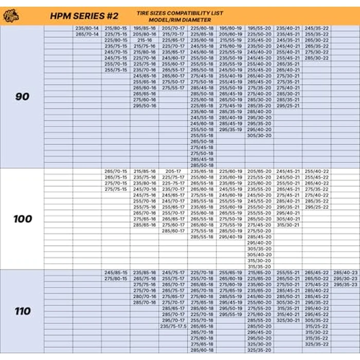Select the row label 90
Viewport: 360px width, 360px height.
click(x=22, y=97)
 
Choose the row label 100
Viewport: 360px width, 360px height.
click(x=22, y=219)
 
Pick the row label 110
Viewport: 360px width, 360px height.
click(x=22, y=311)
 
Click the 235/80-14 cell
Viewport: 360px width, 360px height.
click(x=86, y=28)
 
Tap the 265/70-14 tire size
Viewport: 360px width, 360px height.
click(x=86, y=34)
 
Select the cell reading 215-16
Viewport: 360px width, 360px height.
click(x=145, y=40)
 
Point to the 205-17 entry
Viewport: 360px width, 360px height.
click(x=173, y=171)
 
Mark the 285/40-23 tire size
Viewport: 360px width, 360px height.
click(x=346, y=273)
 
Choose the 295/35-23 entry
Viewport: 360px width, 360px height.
click(x=346, y=284)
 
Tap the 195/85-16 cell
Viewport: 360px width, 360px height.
click(x=145, y=28)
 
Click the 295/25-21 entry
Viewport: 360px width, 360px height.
click(x=288, y=105)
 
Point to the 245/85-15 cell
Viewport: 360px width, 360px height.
click(x=116, y=273)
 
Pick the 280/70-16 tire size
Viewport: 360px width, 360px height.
click(x=145, y=296)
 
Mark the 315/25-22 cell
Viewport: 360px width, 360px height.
click(x=316, y=326)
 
